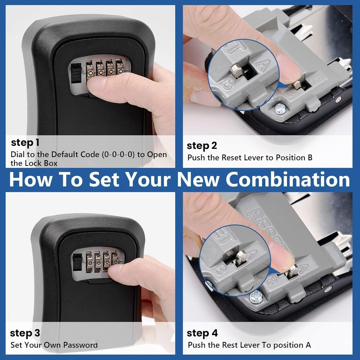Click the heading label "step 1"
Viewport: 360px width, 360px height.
(25, 143)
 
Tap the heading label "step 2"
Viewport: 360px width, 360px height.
(202, 146)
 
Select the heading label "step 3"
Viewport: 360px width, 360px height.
(25, 333)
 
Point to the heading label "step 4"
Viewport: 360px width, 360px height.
(202, 333)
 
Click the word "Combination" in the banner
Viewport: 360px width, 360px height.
(288, 179)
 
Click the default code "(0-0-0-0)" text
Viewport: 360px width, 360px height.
(118, 154)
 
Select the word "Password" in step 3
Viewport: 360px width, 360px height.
(80, 345)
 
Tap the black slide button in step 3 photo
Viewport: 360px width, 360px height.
(78, 262)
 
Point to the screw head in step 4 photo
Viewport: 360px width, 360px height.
(255, 296)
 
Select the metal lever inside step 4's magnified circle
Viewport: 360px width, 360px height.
(240, 258)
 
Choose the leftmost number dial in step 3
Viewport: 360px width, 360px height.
(89, 262)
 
